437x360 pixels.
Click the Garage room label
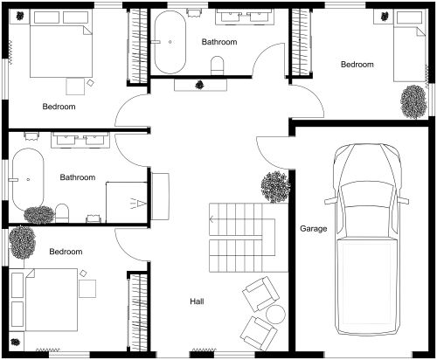click(x=313, y=230)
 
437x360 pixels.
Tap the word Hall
click(x=197, y=301)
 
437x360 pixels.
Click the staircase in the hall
click(x=235, y=239)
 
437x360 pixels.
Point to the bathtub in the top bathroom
click(x=171, y=41)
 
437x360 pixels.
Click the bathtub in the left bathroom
click(x=29, y=179)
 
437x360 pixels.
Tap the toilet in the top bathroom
click(x=218, y=64)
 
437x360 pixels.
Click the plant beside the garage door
click(x=274, y=186)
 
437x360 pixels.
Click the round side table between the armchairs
click(x=274, y=313)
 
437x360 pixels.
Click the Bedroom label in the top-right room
click(x=357, y=65)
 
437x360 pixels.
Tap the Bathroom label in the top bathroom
click(x=218, y=42)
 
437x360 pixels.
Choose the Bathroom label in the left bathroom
click(x=78, y=177)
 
